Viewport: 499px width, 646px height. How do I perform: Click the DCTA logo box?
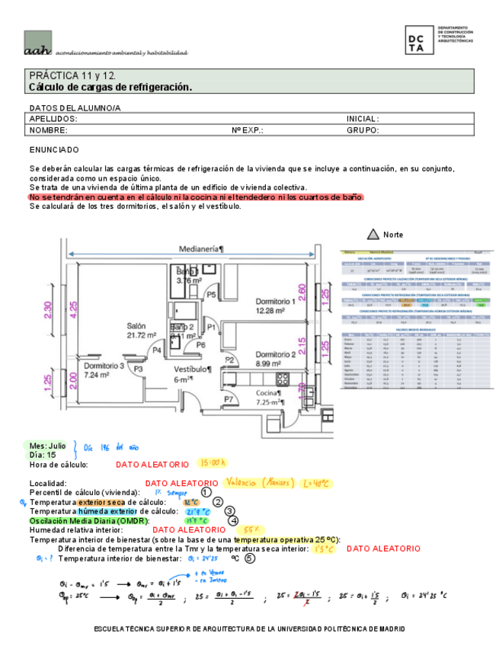coord(419,40)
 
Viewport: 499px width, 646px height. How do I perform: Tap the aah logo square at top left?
coord(37,43)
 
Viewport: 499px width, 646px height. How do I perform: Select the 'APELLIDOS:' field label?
coord(53,120)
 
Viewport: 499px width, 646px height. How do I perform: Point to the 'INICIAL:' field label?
coord(363,120)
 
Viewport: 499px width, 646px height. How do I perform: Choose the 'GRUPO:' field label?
coord(363,130)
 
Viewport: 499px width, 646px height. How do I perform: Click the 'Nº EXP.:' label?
coord(248,130)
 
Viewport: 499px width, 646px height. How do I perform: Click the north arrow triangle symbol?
coord(373,234)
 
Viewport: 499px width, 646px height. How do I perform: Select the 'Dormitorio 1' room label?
coord(275,301)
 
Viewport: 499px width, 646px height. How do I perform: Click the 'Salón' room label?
coord(136,325)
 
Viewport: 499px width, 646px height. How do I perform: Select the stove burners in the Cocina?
coord(282,378)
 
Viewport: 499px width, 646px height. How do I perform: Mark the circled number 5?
coord(250,556)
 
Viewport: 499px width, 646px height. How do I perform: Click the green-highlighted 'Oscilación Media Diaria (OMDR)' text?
coord(88,521)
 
